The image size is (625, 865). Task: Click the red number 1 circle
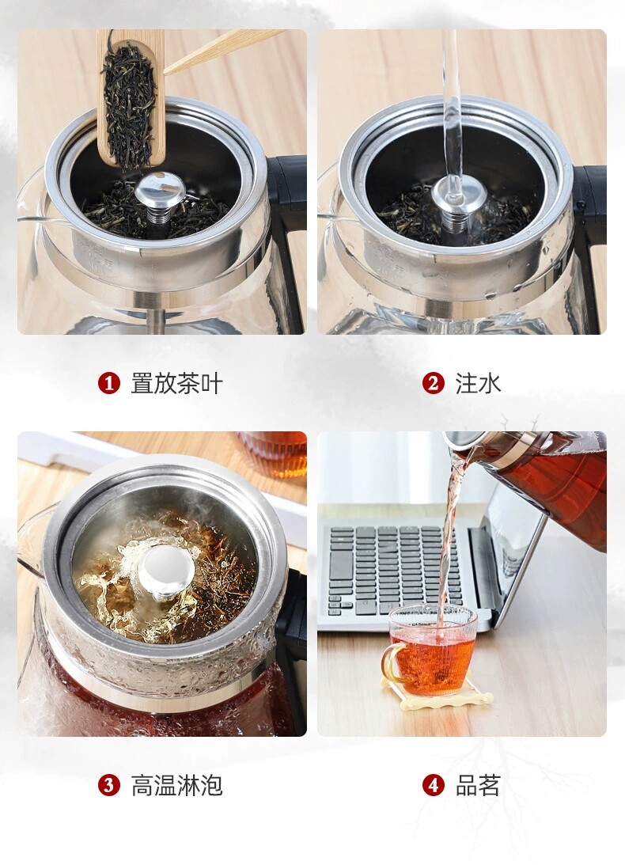[x=108, y=383]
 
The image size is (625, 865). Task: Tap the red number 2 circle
[x=433, y=383]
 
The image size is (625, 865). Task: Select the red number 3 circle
[x=108, y=785]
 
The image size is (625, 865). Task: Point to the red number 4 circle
[x=433, y=785]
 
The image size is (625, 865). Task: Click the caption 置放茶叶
[x=176, y=383]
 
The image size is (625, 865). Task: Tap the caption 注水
[x=478, y=383]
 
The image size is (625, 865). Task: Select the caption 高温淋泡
[x=176, y=785]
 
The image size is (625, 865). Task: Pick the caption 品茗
[x=478, y=785]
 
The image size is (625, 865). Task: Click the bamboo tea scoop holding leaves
[x=131, y=98]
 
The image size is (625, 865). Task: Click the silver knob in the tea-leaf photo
[x=161, y=190]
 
